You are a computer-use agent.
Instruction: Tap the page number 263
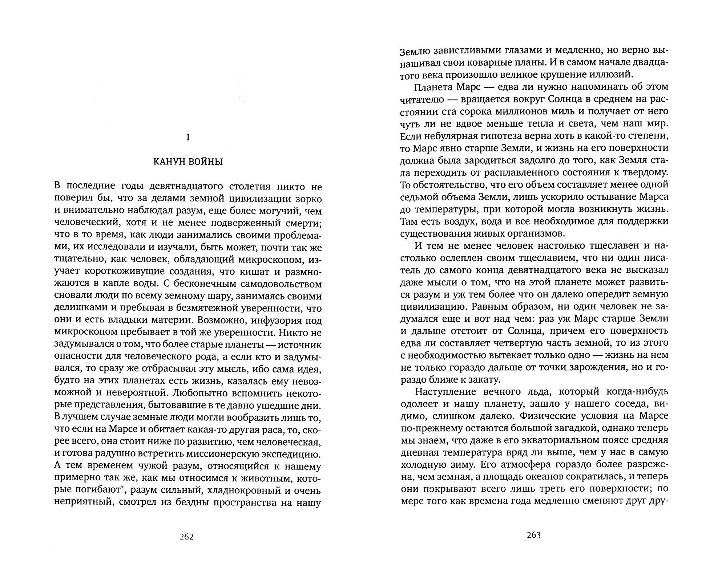tap(533, 535)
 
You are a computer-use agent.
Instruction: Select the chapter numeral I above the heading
tap(187, 138)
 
